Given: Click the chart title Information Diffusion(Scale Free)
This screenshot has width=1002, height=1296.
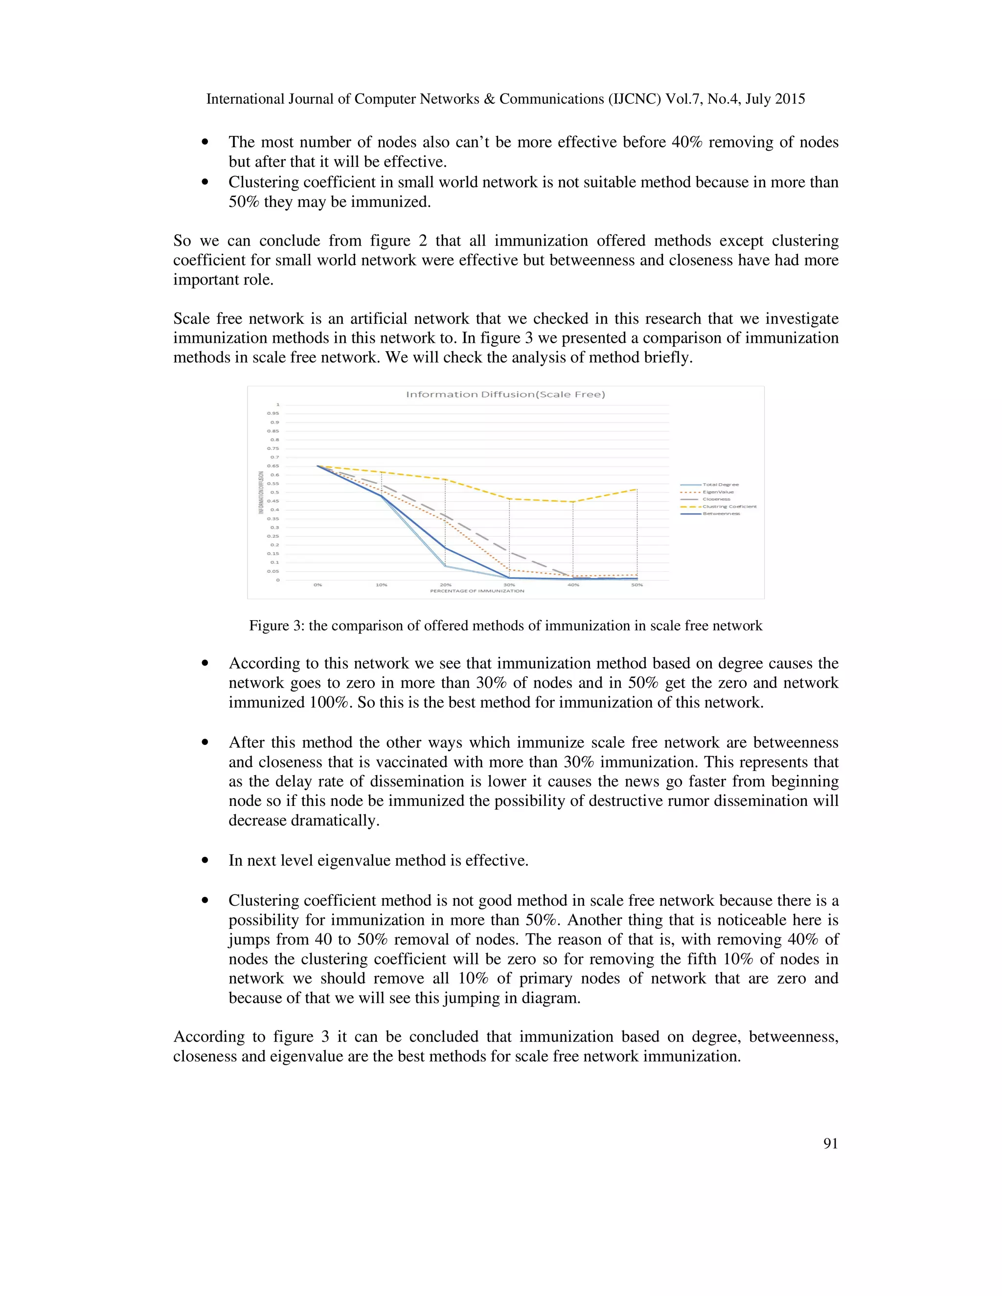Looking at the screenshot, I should coord(505,394).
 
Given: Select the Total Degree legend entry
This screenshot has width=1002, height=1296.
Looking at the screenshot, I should coord(720,485).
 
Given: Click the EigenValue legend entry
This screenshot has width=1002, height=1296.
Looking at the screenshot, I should coord(718,492).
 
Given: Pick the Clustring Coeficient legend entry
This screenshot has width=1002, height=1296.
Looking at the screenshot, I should coord(729,506).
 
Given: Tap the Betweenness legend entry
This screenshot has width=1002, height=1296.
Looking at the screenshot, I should coord(721,514).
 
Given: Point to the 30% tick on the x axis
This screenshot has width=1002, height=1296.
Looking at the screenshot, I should coord(509,585).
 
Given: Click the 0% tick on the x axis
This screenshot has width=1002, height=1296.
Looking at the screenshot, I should coord(318,585).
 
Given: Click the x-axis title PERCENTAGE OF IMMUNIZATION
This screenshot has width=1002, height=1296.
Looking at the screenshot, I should coord(477,591).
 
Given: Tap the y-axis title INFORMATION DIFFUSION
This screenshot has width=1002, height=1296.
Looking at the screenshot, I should coord(261,492).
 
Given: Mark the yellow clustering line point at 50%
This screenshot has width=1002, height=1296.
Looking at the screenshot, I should coord(637,489).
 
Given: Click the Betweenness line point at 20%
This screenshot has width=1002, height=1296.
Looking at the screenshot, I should coord(445,548).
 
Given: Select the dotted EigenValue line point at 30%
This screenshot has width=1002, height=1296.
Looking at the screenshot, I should coord(509,570).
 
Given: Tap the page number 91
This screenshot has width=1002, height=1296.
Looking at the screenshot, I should coord(830,1143).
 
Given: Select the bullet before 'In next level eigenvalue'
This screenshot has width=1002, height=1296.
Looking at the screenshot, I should coord(205,860).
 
